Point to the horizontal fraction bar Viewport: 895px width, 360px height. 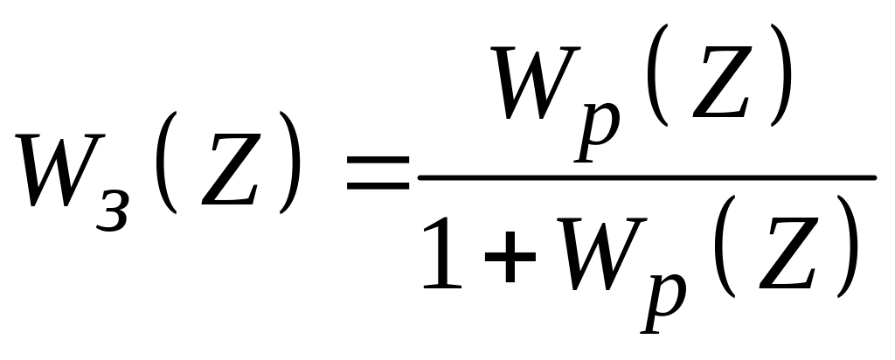(x=647, y=177)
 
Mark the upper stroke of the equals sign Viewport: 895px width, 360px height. (x=378, y=162)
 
